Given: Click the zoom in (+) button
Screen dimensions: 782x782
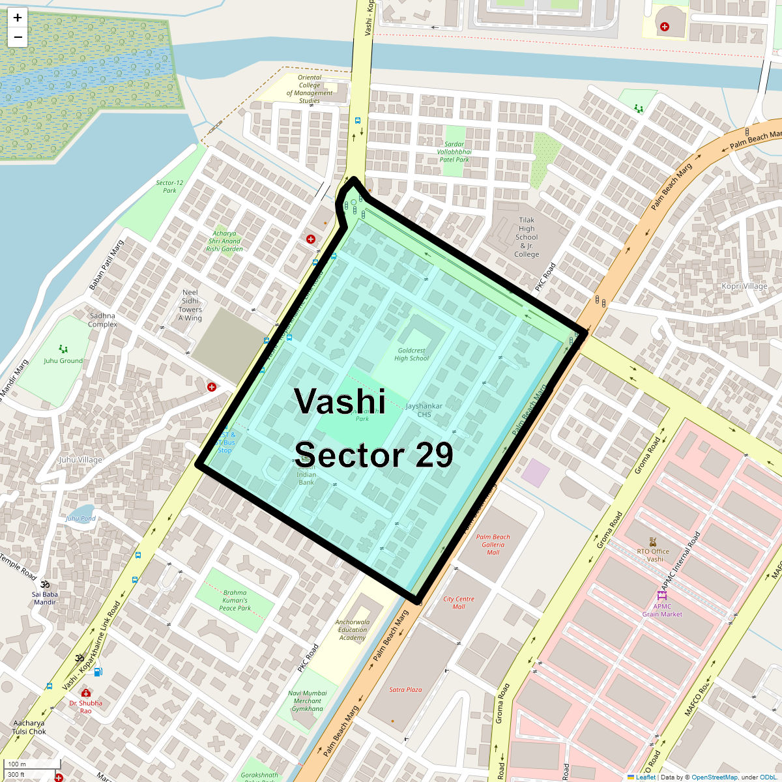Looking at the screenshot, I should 18,18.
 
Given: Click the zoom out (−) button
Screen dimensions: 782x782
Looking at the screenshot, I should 18,37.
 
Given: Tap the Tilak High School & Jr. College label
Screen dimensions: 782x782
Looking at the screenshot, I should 527,237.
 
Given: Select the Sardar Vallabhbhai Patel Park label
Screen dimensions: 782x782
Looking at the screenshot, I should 454,152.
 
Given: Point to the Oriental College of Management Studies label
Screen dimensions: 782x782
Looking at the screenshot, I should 310,89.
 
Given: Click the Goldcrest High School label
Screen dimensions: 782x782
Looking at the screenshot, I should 412,355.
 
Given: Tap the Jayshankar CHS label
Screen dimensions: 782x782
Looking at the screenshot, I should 424,410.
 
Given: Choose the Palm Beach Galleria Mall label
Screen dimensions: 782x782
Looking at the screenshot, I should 493,545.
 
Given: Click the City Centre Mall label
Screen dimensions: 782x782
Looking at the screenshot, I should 459,603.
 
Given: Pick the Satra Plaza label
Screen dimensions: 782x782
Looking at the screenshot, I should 405,689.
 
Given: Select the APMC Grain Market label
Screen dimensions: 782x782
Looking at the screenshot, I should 662,610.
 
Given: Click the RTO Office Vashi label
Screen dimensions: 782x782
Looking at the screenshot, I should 653,555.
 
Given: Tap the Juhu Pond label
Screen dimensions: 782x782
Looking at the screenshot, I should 81,519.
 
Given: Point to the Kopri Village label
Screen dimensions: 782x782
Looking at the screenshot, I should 745,286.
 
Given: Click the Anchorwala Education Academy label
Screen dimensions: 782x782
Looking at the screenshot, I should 353,630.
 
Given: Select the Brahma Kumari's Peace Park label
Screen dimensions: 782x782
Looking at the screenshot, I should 235,601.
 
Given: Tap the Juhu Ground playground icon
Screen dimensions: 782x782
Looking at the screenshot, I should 63,349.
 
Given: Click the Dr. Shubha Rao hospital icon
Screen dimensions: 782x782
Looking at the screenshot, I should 85,693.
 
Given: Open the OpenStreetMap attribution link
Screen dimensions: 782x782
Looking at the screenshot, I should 714,777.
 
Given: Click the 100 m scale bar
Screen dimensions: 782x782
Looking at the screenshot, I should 33,764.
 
